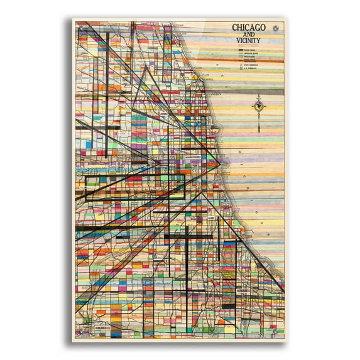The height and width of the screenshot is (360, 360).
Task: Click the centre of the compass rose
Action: click(x=258, y=107)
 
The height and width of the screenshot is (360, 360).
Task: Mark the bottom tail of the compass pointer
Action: click(x=258, y=130)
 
